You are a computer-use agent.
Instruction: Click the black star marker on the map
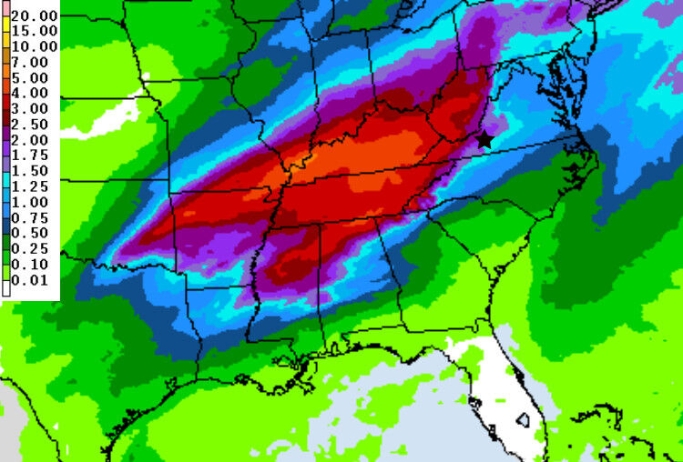(x=484, y=139)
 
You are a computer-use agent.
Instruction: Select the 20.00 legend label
(x=34, y=16)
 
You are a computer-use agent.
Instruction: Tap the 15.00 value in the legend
(x=34, y=31)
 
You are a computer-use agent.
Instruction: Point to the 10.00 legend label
(x=34, y=46)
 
